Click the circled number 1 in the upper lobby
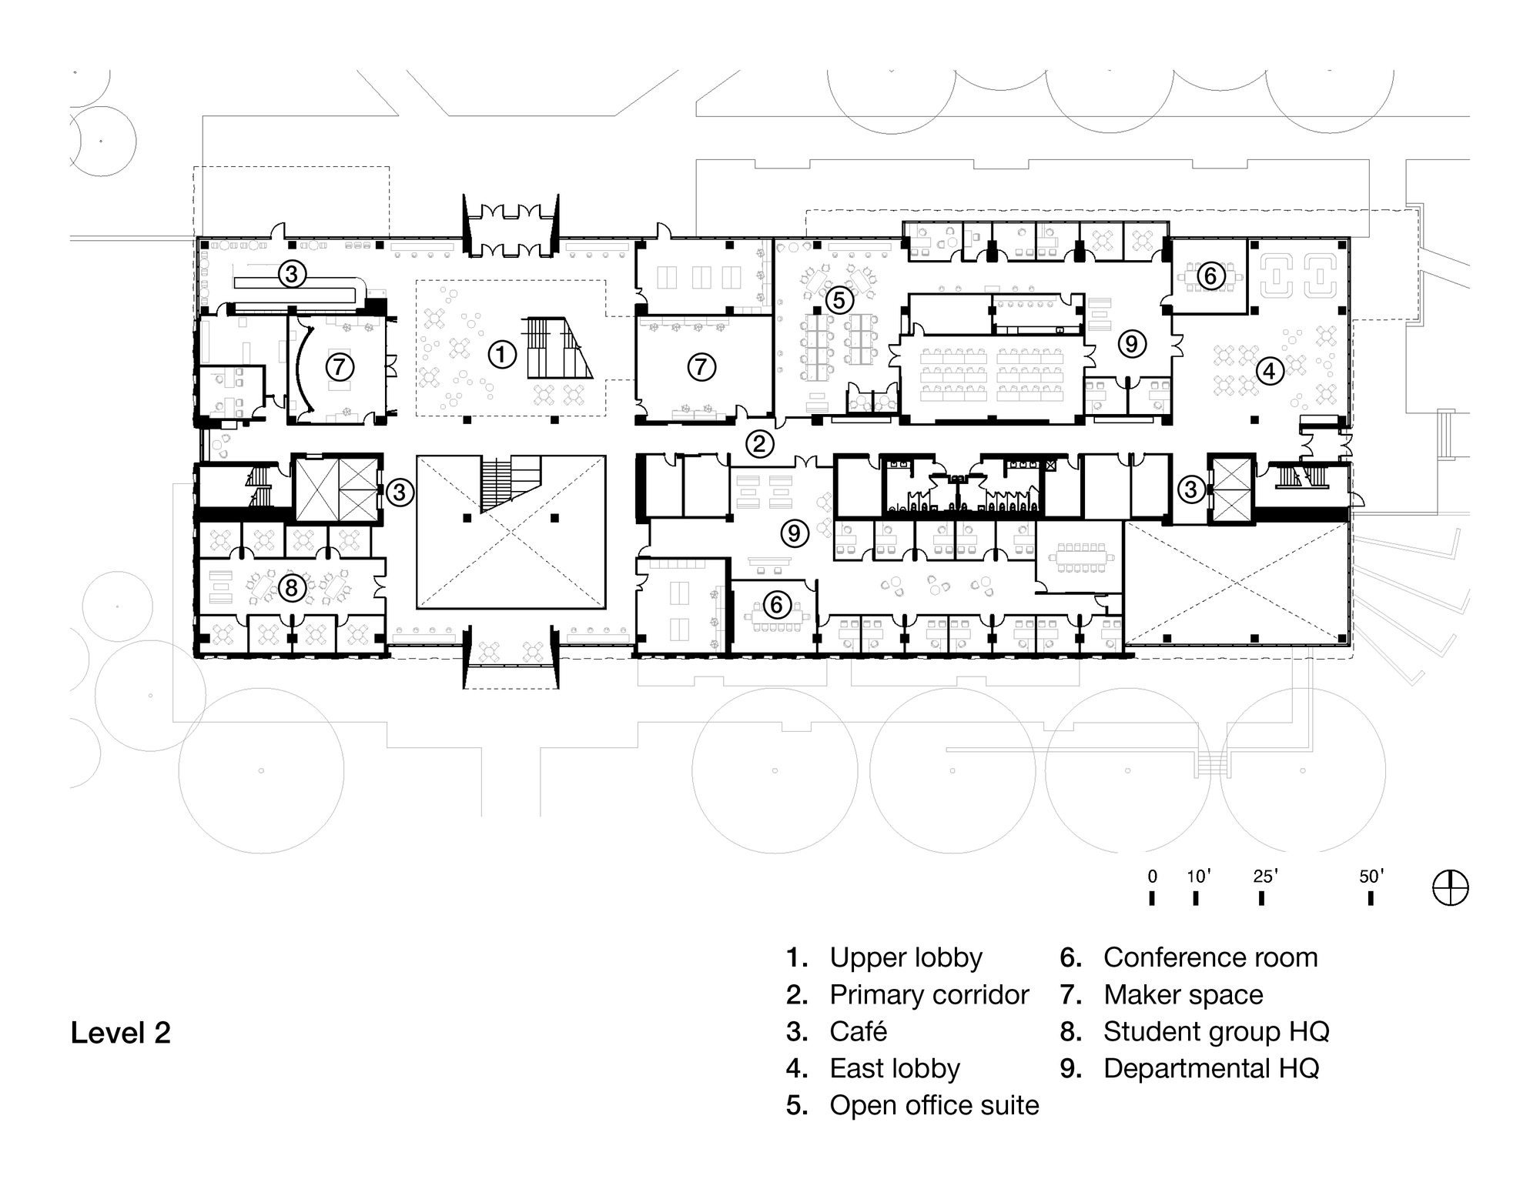[501, 355]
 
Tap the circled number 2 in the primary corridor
[759, 443]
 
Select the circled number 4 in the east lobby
[1270, 372]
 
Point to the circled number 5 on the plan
[839, 299]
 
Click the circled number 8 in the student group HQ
[291, 589]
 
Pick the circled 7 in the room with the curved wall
[339, 367]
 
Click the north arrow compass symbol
[1451, 888]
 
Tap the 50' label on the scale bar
[1371, 876]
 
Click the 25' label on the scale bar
[1265, 876]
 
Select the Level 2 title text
[121, 1033]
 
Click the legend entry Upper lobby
[906, 958]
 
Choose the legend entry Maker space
[1183, 995]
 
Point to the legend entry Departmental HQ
[1210, 1069]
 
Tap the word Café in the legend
[858, 1032]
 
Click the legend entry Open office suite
[934, 1106]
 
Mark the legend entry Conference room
[1210, 958]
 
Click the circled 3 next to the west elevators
[400, 492]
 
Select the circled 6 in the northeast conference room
[1210, 275]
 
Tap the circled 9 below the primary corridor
[795, 533]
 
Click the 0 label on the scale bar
[1152, 876]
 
